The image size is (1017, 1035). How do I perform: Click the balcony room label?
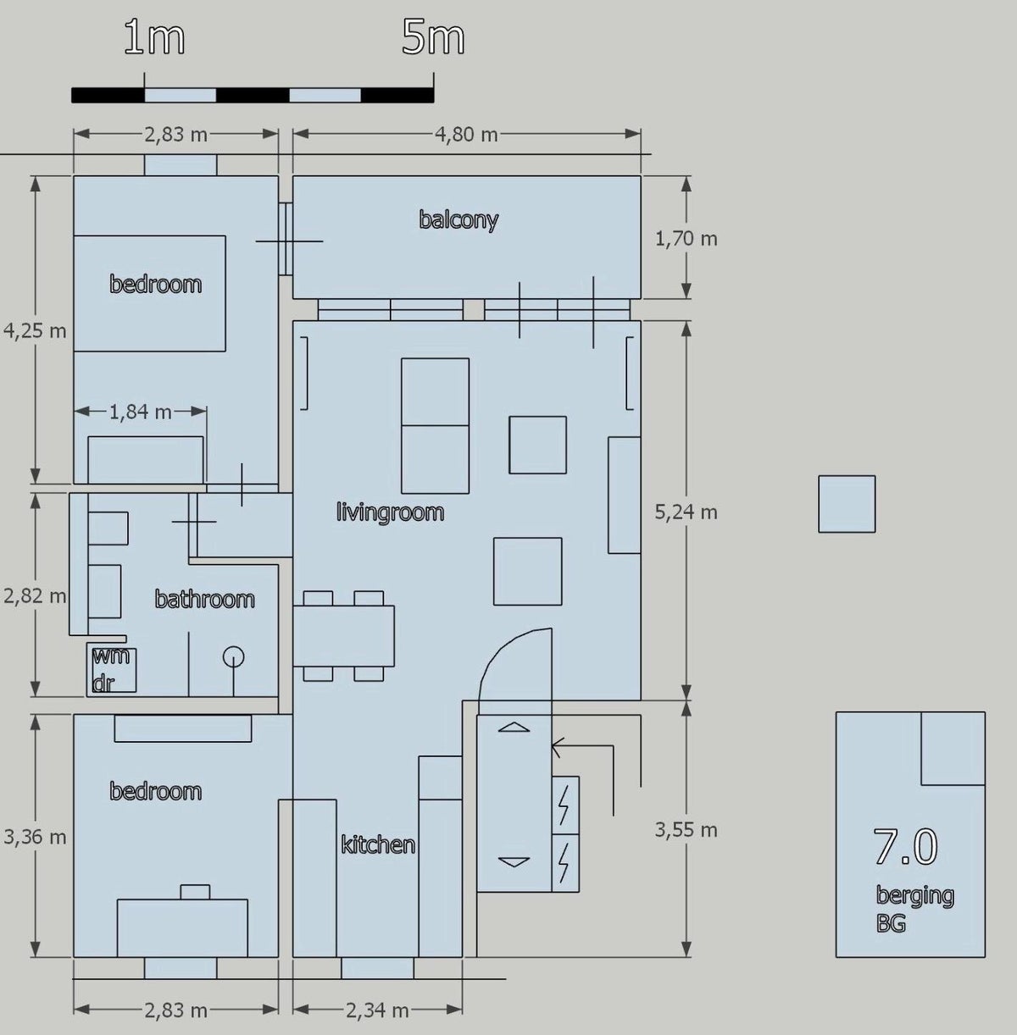(x=458, y=219)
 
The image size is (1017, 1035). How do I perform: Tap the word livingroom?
(x=390, y=512)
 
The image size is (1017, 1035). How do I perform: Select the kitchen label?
(x=378, y=844)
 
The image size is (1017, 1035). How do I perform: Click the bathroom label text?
(x=204, y=599)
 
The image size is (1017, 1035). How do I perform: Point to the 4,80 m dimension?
(x=466, y=135)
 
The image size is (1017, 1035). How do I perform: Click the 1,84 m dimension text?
(x=141, y=412)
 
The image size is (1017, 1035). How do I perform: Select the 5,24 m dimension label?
(x=686, y=512)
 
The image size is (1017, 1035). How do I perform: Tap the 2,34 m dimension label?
(x=377, y=1010)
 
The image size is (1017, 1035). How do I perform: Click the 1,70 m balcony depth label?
(x=686, y=239)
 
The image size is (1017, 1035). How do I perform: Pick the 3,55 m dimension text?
(x=686, y=830)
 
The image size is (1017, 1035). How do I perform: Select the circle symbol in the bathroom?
(x=233, y=656)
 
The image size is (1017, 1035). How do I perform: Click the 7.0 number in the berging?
(x=906, y=846)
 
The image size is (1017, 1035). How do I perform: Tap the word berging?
(x=914, y=896)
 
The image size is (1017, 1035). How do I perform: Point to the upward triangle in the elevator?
(x=514, y=728)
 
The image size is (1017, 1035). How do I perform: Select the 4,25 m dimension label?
(x=35, y=330)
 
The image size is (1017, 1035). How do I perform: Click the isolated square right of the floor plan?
(x=847, y=504)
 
